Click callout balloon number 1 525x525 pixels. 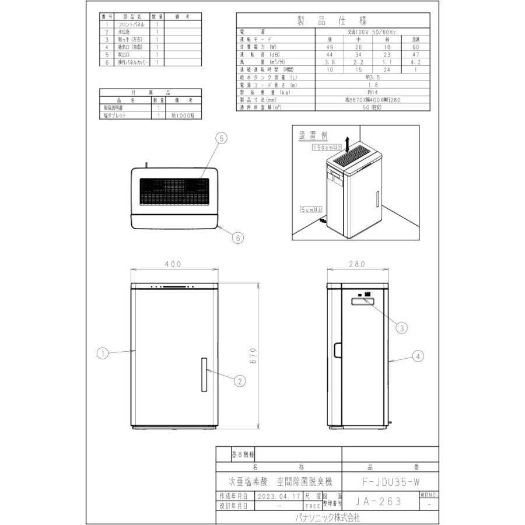coord(102,353)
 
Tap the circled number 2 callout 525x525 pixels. coord(239,380)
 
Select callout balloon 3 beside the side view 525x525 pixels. coord(401,328)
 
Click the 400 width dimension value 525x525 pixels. coord(173,264)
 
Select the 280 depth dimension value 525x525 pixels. coord(356,264)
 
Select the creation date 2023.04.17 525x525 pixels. coord(279,495)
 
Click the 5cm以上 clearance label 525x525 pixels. coord(310,208)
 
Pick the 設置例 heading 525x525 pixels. coord(313,135)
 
